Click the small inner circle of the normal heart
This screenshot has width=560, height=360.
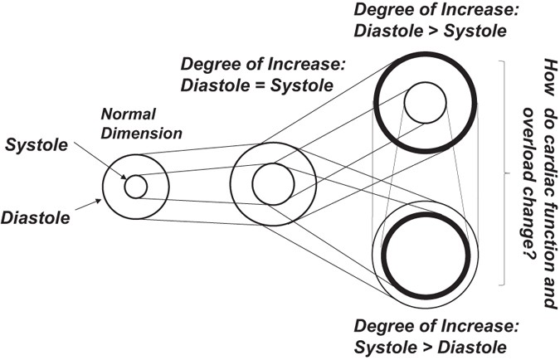[x=135, y=187]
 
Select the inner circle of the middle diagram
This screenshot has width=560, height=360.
[x=273, y=184]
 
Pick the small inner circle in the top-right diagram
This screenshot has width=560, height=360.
[x=426, y=102]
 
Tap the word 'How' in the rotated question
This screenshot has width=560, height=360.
[x=548, y=74]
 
